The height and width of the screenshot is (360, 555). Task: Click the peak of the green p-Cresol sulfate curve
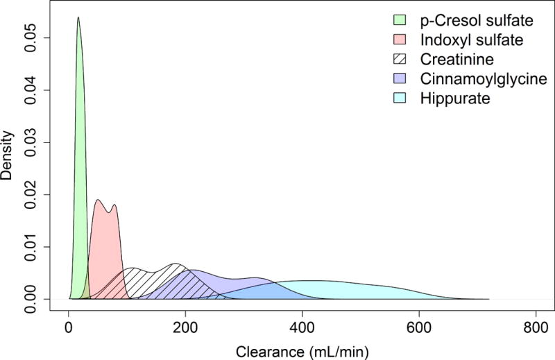(x=78, y=18)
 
